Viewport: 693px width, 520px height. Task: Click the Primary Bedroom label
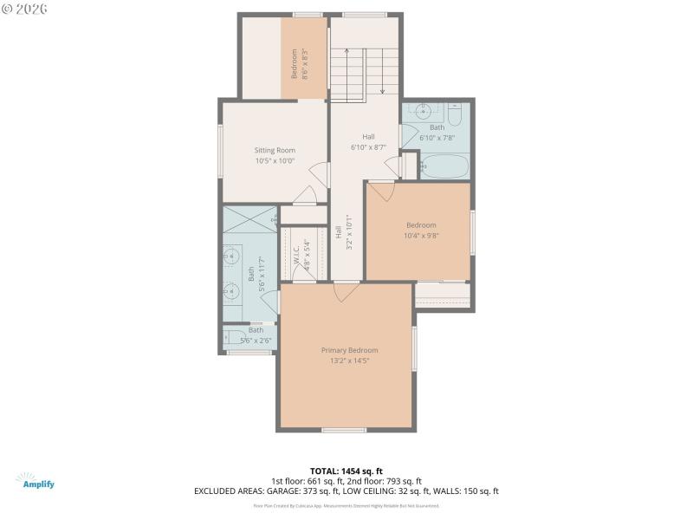[349, 350]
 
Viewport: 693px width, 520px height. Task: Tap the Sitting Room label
[275, 150]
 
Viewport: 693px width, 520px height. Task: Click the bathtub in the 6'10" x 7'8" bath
[444, 166]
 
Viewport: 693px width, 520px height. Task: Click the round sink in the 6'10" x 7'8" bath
[424, 112]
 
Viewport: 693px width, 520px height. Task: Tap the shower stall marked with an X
[249, 218]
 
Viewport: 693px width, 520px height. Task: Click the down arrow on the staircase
[381, 74]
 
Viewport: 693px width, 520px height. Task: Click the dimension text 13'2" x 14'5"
[349, 361]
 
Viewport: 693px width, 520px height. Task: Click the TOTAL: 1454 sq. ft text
[346, 471]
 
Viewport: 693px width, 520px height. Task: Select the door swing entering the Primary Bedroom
[346, 292]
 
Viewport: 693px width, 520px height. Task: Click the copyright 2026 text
[24, 10]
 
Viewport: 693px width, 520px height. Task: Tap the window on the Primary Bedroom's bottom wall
[344, 430]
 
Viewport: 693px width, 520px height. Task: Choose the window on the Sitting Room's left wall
[220, 151]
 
